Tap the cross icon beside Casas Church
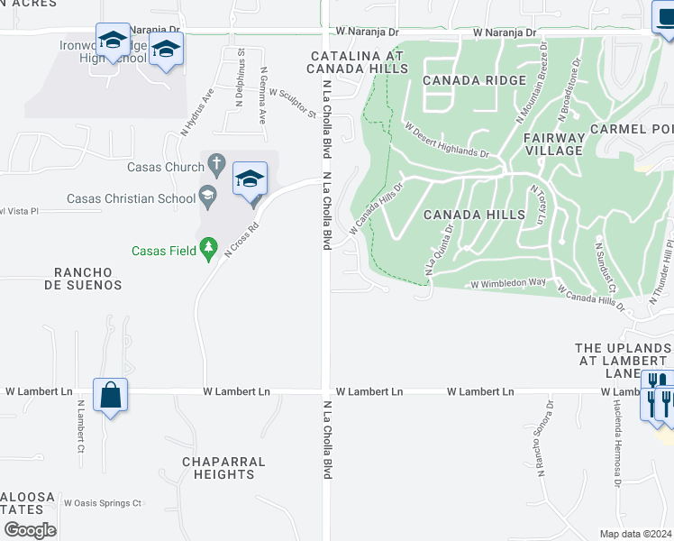[215, 164]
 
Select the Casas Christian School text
[131, 198]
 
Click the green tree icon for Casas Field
[209, 246]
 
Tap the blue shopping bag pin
[110, 395]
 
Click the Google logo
[30, 529]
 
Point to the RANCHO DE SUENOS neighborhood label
[87, 278]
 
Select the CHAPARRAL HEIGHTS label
[223, 468]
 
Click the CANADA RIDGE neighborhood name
[474, 80]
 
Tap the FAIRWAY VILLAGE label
[554, 144]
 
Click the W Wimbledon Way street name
[509, 283]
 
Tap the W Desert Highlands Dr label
[446, 141]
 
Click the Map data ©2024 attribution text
[636, 533]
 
